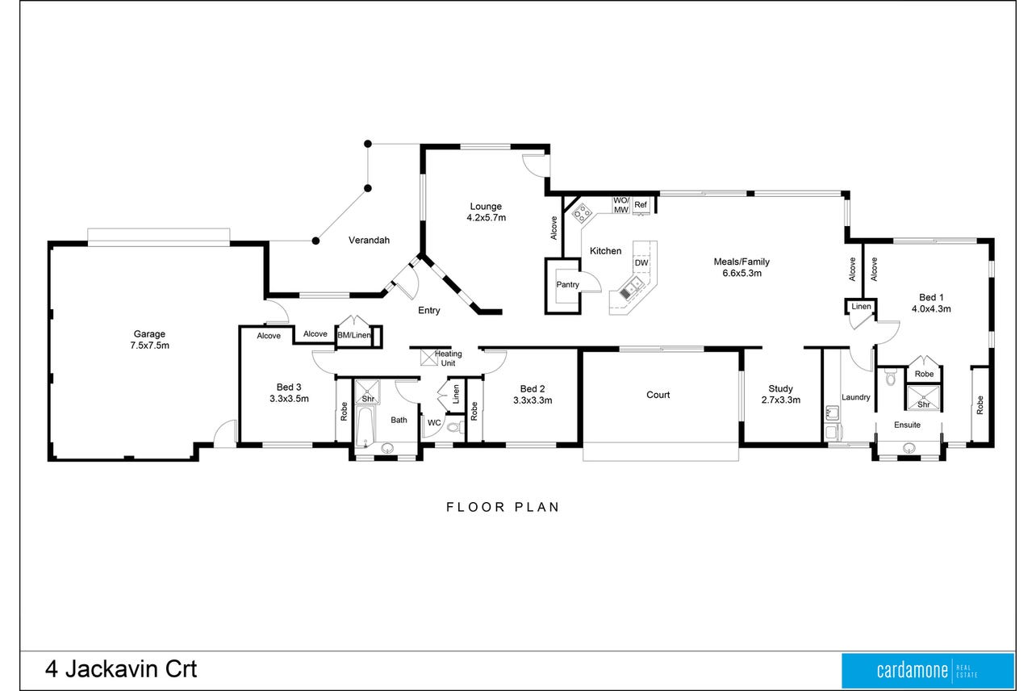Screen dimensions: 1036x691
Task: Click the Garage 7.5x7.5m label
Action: tap(149, 339)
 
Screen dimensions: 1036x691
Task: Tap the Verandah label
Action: tap(369, 241)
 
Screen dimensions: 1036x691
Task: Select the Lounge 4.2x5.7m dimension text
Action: tap(486, 217)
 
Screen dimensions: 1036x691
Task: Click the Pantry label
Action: tap(567, 285)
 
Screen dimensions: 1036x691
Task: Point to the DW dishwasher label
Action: tap(641, 263)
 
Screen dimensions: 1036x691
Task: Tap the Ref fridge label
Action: tap(641, 204)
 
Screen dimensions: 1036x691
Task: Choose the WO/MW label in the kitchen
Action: tap(620, 205)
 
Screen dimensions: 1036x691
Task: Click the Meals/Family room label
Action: tap(741, 262)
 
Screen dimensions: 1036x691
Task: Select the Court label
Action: tap(658, 395)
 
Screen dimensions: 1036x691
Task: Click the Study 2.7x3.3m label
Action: tap(781, 394)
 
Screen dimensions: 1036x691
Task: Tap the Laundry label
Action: tap(855, 397)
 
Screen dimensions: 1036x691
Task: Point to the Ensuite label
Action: tap(907, 425)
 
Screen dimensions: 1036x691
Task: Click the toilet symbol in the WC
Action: tap(455, 427)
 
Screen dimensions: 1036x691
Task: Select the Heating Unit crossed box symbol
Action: tap(428, 358)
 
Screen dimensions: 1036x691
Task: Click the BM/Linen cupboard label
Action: tap(354, 335)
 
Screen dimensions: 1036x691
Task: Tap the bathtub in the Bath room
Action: tap(366, 428)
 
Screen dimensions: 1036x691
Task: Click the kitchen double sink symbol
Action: tap(631, 287)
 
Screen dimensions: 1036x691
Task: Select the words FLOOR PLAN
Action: tap(503, 507)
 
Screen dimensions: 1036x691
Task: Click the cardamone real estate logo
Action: tap(927, 671)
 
